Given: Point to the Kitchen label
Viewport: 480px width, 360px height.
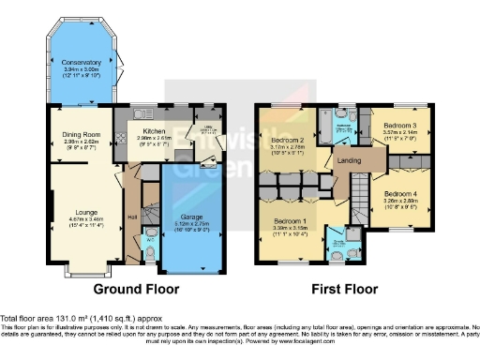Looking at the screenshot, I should click(x=154, y=131).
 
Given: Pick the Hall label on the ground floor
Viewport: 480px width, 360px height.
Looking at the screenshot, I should click(x=132, y=217).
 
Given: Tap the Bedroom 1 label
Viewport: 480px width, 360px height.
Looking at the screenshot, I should click(x=291, y=221).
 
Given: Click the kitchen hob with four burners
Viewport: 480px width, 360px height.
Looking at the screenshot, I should click(x=122, y=142).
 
